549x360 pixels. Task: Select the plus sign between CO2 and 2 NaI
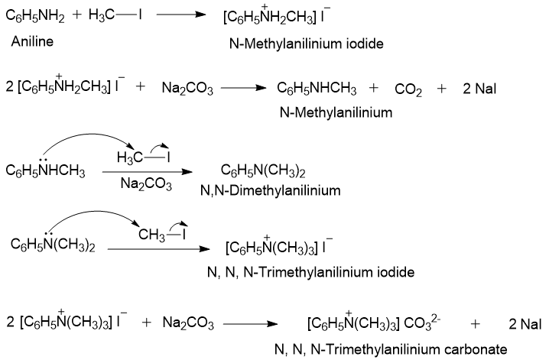442,89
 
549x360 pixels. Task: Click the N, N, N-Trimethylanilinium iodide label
310,271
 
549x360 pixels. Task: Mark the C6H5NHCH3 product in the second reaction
317,89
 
